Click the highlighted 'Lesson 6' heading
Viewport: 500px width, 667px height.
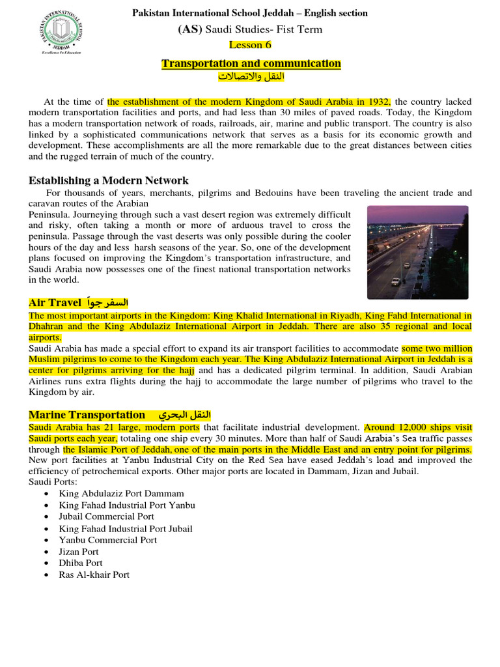(250, 45)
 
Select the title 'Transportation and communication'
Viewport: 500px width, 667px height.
(251, 63)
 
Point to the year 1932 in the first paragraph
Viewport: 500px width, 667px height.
(378, 102)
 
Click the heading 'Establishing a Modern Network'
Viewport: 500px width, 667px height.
(109, 180)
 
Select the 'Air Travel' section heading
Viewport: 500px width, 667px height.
(55, 303)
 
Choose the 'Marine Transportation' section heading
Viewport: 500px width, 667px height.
(87, 415)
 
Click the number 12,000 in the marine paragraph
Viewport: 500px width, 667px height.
(413, 427)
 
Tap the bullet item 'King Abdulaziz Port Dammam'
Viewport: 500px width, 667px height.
(121, 494)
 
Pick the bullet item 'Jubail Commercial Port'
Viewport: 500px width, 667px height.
(106, 517)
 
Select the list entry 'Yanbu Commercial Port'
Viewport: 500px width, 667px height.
(107, 540)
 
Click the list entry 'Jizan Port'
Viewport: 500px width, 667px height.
(79, 552)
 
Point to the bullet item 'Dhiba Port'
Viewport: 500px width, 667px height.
(81, 563)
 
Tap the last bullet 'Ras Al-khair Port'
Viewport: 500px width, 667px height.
(94, 575)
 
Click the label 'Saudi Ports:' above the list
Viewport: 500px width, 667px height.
(53, 481)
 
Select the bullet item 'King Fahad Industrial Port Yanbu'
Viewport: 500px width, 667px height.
(126, 505)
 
